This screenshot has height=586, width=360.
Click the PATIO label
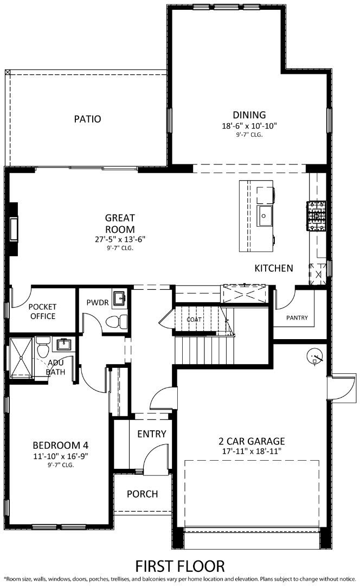87,119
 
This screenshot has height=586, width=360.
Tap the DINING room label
249,115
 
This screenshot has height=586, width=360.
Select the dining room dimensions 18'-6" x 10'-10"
249,125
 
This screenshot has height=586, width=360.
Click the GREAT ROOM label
120,224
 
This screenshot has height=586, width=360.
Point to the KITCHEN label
274,268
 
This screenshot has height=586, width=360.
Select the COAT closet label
194,320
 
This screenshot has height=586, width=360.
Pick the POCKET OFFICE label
42,311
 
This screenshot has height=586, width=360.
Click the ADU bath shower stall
22,357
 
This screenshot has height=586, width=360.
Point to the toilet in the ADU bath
43,348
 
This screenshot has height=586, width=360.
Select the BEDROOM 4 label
60,446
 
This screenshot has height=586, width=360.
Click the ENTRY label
151,434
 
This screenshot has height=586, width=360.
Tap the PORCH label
142,494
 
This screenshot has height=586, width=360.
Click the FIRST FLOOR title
179,566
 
